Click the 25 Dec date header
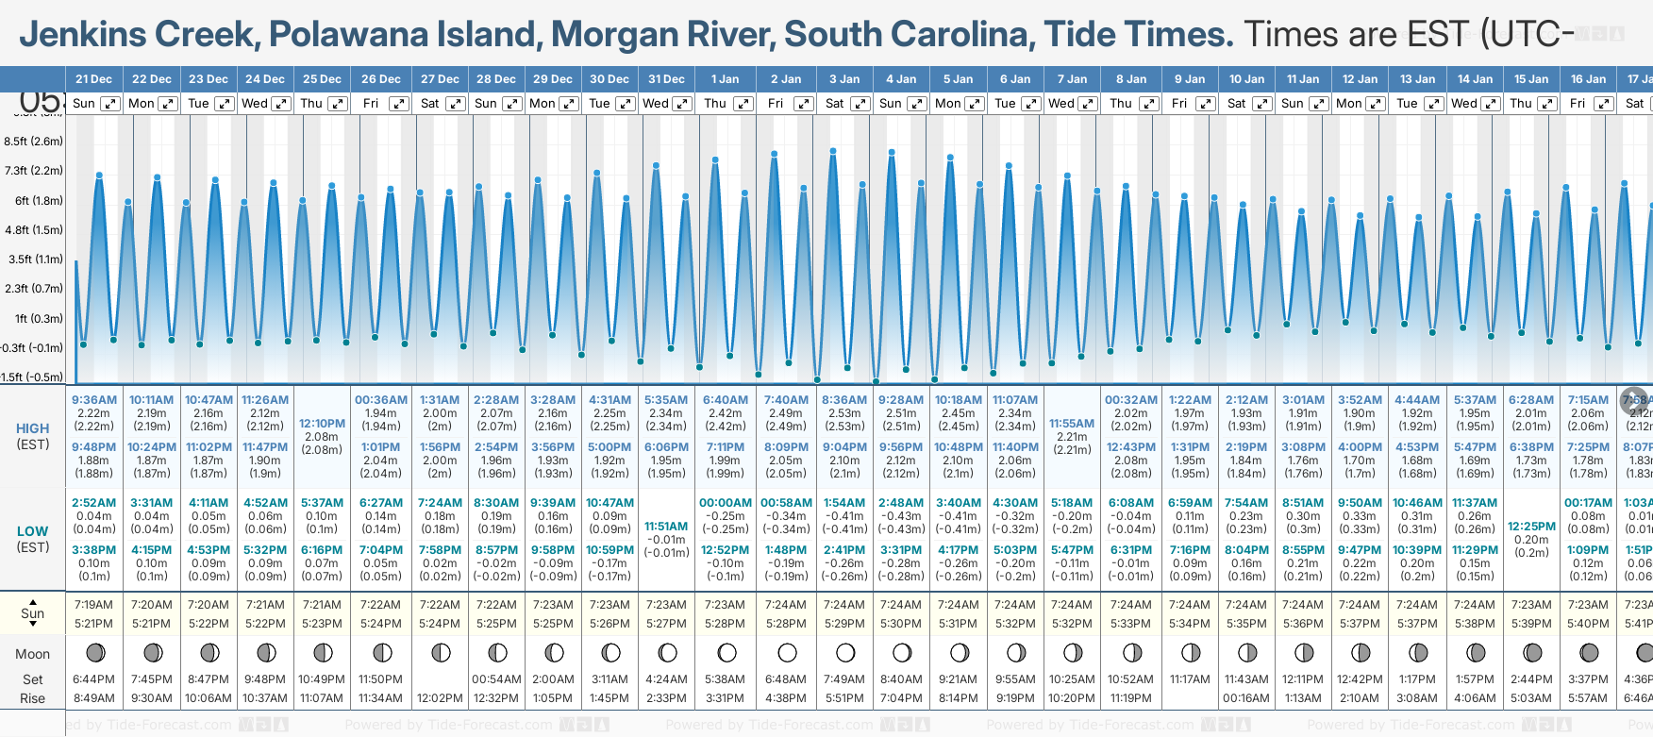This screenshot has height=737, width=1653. coord(322,79)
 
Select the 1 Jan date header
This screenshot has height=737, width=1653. coord(726,79)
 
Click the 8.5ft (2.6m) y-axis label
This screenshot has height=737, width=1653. coord(33,142)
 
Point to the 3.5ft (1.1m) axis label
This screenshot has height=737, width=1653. coord(33,259)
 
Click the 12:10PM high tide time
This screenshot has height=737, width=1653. coord(322,424)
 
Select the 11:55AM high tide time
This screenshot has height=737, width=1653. coord(1072,424)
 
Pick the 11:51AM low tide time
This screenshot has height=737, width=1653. coord(666,527)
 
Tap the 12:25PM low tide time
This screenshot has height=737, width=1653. coord(1531,527)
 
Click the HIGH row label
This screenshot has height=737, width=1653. coord(33,428)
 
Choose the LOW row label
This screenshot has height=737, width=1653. coord(33,531)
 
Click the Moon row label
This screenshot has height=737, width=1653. coord(33,654)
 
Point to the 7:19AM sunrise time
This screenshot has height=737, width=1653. coord(93,605)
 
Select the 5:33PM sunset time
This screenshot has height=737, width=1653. coord(1130,624)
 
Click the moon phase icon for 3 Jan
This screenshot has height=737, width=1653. coord(845,652)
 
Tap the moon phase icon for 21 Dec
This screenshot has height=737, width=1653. coord(94,652)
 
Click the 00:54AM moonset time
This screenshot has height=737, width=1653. coord(496,679)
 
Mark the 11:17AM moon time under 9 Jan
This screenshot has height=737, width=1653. coord(1189,679)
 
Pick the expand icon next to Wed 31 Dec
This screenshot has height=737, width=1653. coord(680,104)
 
